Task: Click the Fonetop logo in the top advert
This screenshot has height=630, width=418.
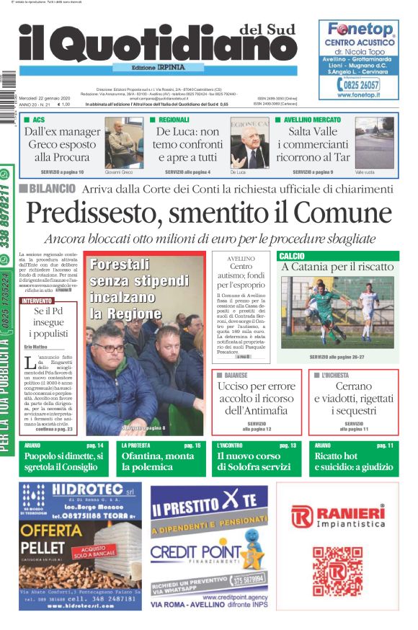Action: pyautogui.click(x=360, y=30)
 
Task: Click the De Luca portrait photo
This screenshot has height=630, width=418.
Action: pyautogui.click(x=249, y=143)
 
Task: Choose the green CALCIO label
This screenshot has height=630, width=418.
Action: pyautogui.click(x=293, y=256)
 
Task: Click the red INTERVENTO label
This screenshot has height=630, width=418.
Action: pyautogui.click(x=37, y=300)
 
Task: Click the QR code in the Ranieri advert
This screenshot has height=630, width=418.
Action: pyautogui.click(x=337, y=569)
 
